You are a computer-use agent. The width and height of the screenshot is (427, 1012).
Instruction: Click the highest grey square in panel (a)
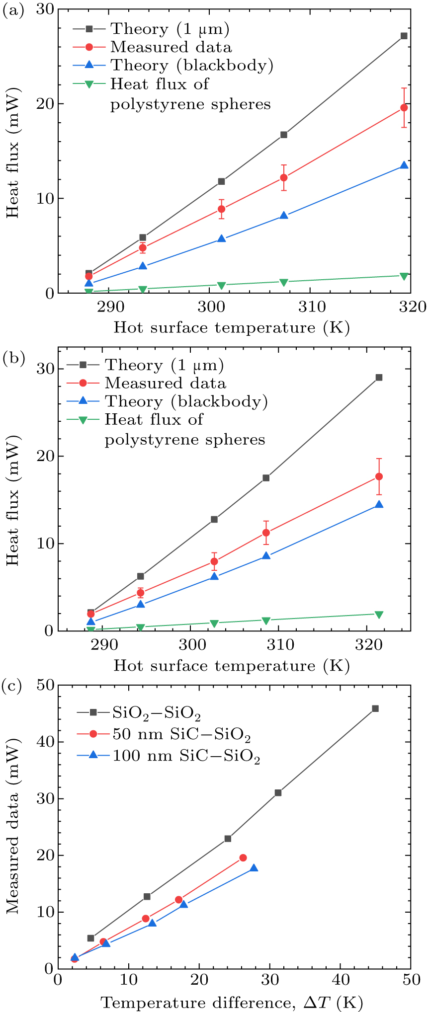(x=404, y=36)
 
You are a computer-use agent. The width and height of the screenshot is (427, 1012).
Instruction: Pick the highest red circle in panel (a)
(x=404, y=107)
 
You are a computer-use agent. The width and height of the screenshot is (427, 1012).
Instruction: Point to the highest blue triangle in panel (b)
(x=379, y=504)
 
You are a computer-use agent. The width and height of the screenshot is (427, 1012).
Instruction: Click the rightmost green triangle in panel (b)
(x=379, y=615)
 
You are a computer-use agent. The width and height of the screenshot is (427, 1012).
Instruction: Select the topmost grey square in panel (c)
(x=375, y=708)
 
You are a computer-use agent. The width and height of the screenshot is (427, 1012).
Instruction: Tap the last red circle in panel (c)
(x=243, y=857)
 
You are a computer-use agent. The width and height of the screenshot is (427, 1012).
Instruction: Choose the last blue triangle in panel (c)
(x=254, y=868)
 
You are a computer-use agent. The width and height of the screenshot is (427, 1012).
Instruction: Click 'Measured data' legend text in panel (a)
(x=171, y=47)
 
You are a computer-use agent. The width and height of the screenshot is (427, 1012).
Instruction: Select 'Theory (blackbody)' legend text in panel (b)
(x=186, y=401)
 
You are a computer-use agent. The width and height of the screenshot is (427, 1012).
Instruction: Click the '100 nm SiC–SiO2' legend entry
(x=186, y=757)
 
